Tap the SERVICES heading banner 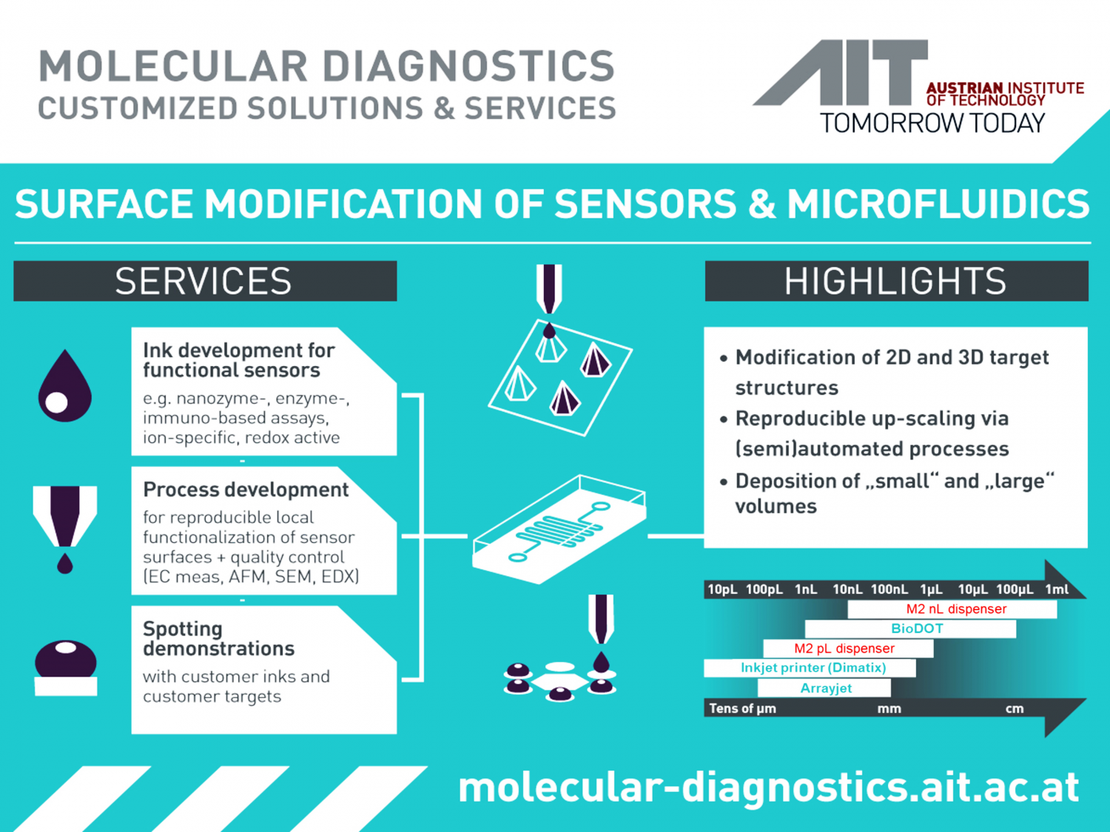[205, 281]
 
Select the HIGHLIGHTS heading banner [897, 281]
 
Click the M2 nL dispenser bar [952, 609]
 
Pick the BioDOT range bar [910, 629]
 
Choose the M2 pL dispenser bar [848, 648]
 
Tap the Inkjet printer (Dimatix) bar [810, 668]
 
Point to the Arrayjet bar [824, 688]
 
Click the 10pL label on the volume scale [722, 589]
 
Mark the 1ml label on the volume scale [1057, 589]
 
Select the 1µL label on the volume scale [931, 589]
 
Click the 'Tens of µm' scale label [742, 708]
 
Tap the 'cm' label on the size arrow [1015, 709]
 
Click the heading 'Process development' [246, 490]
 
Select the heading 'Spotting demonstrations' [218, 638]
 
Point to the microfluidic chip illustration [559, 530]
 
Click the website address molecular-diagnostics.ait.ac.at [769, 788]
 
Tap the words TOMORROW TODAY [932, 124]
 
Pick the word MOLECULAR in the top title [173, 66]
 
